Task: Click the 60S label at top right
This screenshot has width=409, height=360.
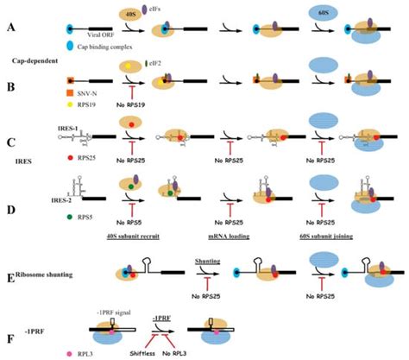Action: tap(334, 10)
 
